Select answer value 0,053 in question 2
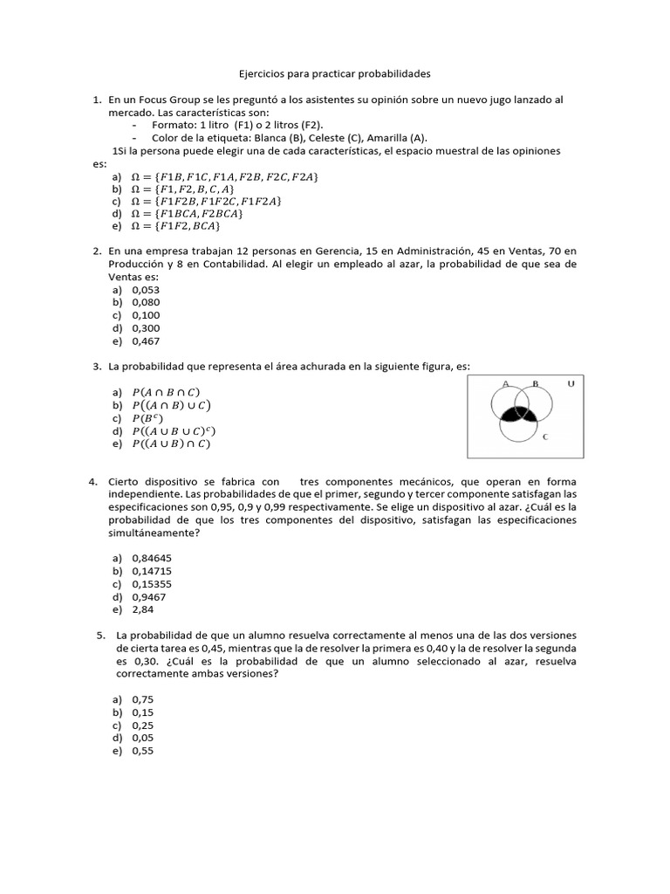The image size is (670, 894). tap(146, 289)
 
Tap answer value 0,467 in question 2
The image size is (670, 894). tap(146, 341)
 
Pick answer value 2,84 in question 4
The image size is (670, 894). tap(142, 609)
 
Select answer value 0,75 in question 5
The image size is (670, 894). tap(142, 699)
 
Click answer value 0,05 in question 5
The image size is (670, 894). tap(142, 739)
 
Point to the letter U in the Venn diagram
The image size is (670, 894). tap(571, 384)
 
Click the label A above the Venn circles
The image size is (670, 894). tap(506, 383)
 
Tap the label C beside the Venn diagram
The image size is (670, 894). tap(545, 437)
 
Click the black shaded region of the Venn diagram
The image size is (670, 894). tap(521, 415)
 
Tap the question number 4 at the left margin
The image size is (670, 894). tap(92, 482)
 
